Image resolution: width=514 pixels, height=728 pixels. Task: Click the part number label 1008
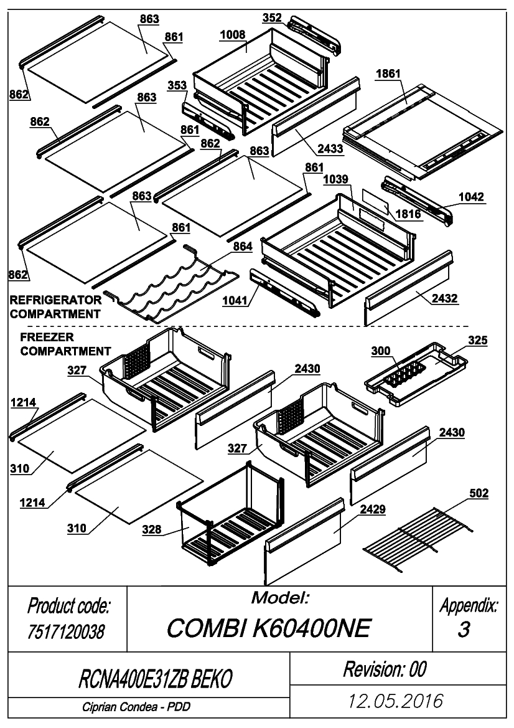[x=233, y=35]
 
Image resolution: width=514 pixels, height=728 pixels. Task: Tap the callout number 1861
[x=388, y=74]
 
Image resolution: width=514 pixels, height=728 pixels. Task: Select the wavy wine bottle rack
[x=171, y=283]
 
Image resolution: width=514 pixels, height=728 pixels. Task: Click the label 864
[x=243, y=246]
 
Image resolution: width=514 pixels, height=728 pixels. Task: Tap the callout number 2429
[x=373, y=509]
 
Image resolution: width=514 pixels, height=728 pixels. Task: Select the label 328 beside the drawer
[x=152, y=529]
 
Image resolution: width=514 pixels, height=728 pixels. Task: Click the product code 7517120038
[x=67, y=631]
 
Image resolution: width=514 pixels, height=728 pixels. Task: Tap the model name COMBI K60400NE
[x=269, y=628]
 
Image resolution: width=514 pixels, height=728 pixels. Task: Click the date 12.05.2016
[x=396, y=701]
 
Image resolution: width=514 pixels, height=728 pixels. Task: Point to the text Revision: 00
[x=385, y=669]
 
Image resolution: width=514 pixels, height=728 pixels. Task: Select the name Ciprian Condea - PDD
[x=136, y=707]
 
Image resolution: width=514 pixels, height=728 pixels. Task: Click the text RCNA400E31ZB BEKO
[x=156, y=679]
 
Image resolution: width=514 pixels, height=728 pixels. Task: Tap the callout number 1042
[x=471, y=197]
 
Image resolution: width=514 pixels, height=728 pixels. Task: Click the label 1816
[x=408, y=214]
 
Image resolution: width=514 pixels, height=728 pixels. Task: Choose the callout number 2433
[x=330, y=149]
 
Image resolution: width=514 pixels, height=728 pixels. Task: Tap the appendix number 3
[x=464, y=630]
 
